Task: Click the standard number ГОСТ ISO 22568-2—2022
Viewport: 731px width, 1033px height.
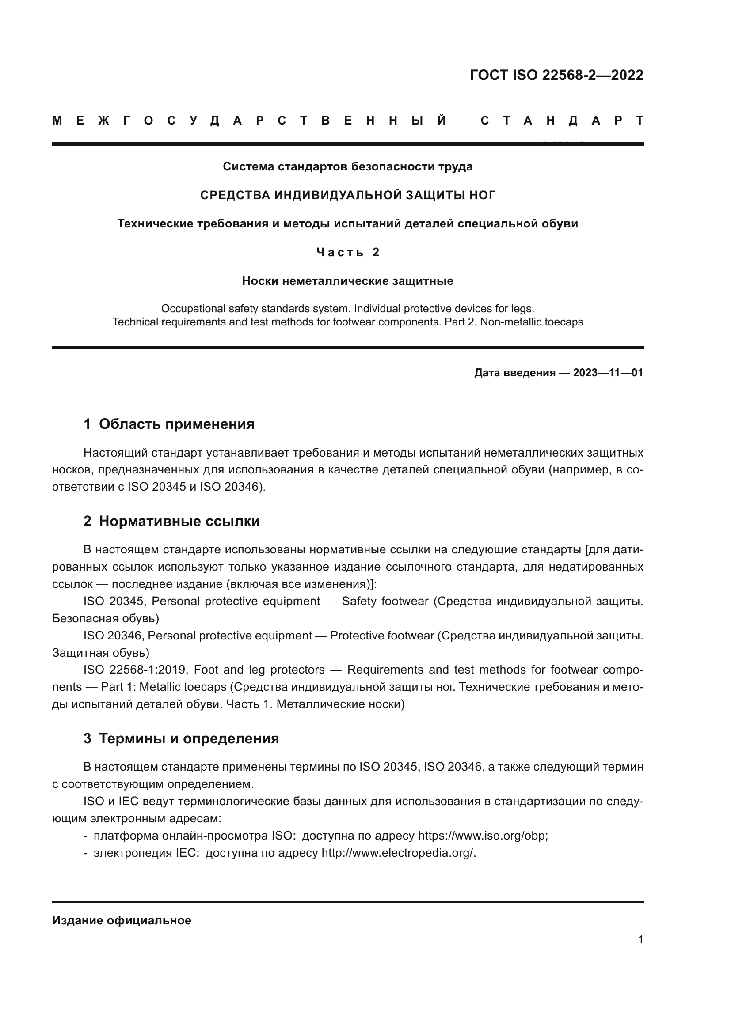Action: pos(556,75)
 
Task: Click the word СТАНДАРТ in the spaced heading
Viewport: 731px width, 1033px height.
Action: pos(562,121)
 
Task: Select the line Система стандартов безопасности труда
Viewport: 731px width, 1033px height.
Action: pos(347,167)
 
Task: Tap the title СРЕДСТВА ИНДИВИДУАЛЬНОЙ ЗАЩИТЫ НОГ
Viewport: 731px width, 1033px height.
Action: pos(347,195)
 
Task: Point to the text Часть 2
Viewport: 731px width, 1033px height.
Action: pos(347,253)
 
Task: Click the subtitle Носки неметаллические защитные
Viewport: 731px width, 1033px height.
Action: pos(347,281)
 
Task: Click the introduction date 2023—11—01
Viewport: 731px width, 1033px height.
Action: pos(608,373)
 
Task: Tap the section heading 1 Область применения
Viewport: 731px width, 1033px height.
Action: pos(169,424)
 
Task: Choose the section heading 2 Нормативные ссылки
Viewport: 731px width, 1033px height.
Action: pos(171,522)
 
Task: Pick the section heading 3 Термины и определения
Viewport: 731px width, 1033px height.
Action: pos(181,739)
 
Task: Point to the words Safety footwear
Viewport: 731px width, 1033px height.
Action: pos(385,602)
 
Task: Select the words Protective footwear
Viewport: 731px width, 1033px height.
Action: pos(382,636)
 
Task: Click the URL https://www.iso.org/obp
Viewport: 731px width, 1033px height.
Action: pos(483,836)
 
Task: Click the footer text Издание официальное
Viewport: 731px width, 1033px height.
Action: pos(122,920)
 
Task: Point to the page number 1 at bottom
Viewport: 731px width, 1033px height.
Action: pos(640,940)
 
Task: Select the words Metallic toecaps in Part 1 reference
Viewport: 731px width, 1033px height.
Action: pos(183,687)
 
